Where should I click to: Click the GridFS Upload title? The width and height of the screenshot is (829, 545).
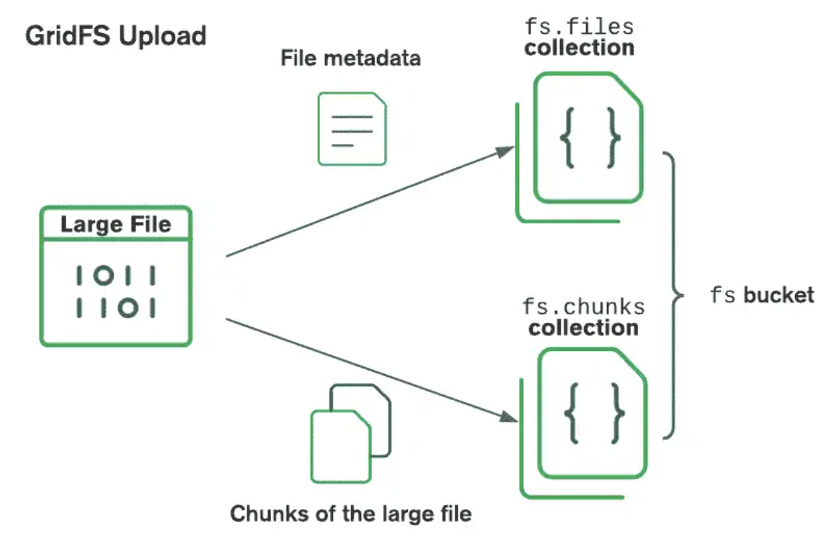(115, 35)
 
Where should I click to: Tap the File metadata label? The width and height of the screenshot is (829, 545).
(350, 58)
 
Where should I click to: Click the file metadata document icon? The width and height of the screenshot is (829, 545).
(352, 129)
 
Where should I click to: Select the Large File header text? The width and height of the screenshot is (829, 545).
(115, 224)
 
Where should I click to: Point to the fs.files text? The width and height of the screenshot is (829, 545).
(579, 27)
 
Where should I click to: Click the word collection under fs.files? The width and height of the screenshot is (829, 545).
(580, 48)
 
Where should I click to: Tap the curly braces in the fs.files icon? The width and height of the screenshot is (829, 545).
(590, 138)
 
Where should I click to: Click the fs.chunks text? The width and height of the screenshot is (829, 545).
(583, 306)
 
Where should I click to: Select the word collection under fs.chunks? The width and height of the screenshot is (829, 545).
(583, 328)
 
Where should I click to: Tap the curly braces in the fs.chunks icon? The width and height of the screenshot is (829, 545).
(594, 412)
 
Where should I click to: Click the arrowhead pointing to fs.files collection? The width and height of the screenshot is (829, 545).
(506, 150)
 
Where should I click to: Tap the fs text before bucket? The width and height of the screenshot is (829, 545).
(724, 295)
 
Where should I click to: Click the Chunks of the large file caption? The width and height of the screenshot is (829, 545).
(350, 514)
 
